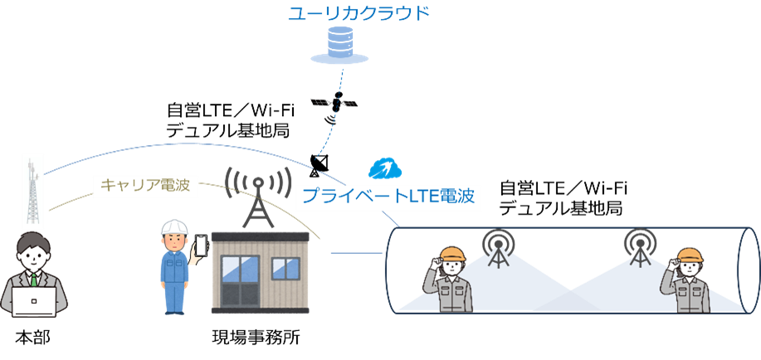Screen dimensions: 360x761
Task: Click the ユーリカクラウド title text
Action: [x=359, y=13]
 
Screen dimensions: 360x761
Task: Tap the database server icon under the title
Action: [x=338, y=46]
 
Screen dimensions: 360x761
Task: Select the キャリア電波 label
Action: [x=144, y=185]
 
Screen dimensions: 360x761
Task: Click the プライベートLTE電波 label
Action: [x=388, y=197]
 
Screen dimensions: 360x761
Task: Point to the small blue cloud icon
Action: [x=384, y=168]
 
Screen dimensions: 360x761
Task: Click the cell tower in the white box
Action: [x=32, y=192]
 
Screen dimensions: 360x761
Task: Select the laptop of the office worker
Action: [x=33, y=300]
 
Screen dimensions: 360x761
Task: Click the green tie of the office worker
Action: [x=34, y=278]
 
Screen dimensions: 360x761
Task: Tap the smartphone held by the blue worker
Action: [x=200, y=246]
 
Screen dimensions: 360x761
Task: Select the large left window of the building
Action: [x=240, y=270]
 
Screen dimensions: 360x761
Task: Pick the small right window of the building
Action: [x=286, y=267]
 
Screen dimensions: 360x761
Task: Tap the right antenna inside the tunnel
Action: [x=639, y=246]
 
